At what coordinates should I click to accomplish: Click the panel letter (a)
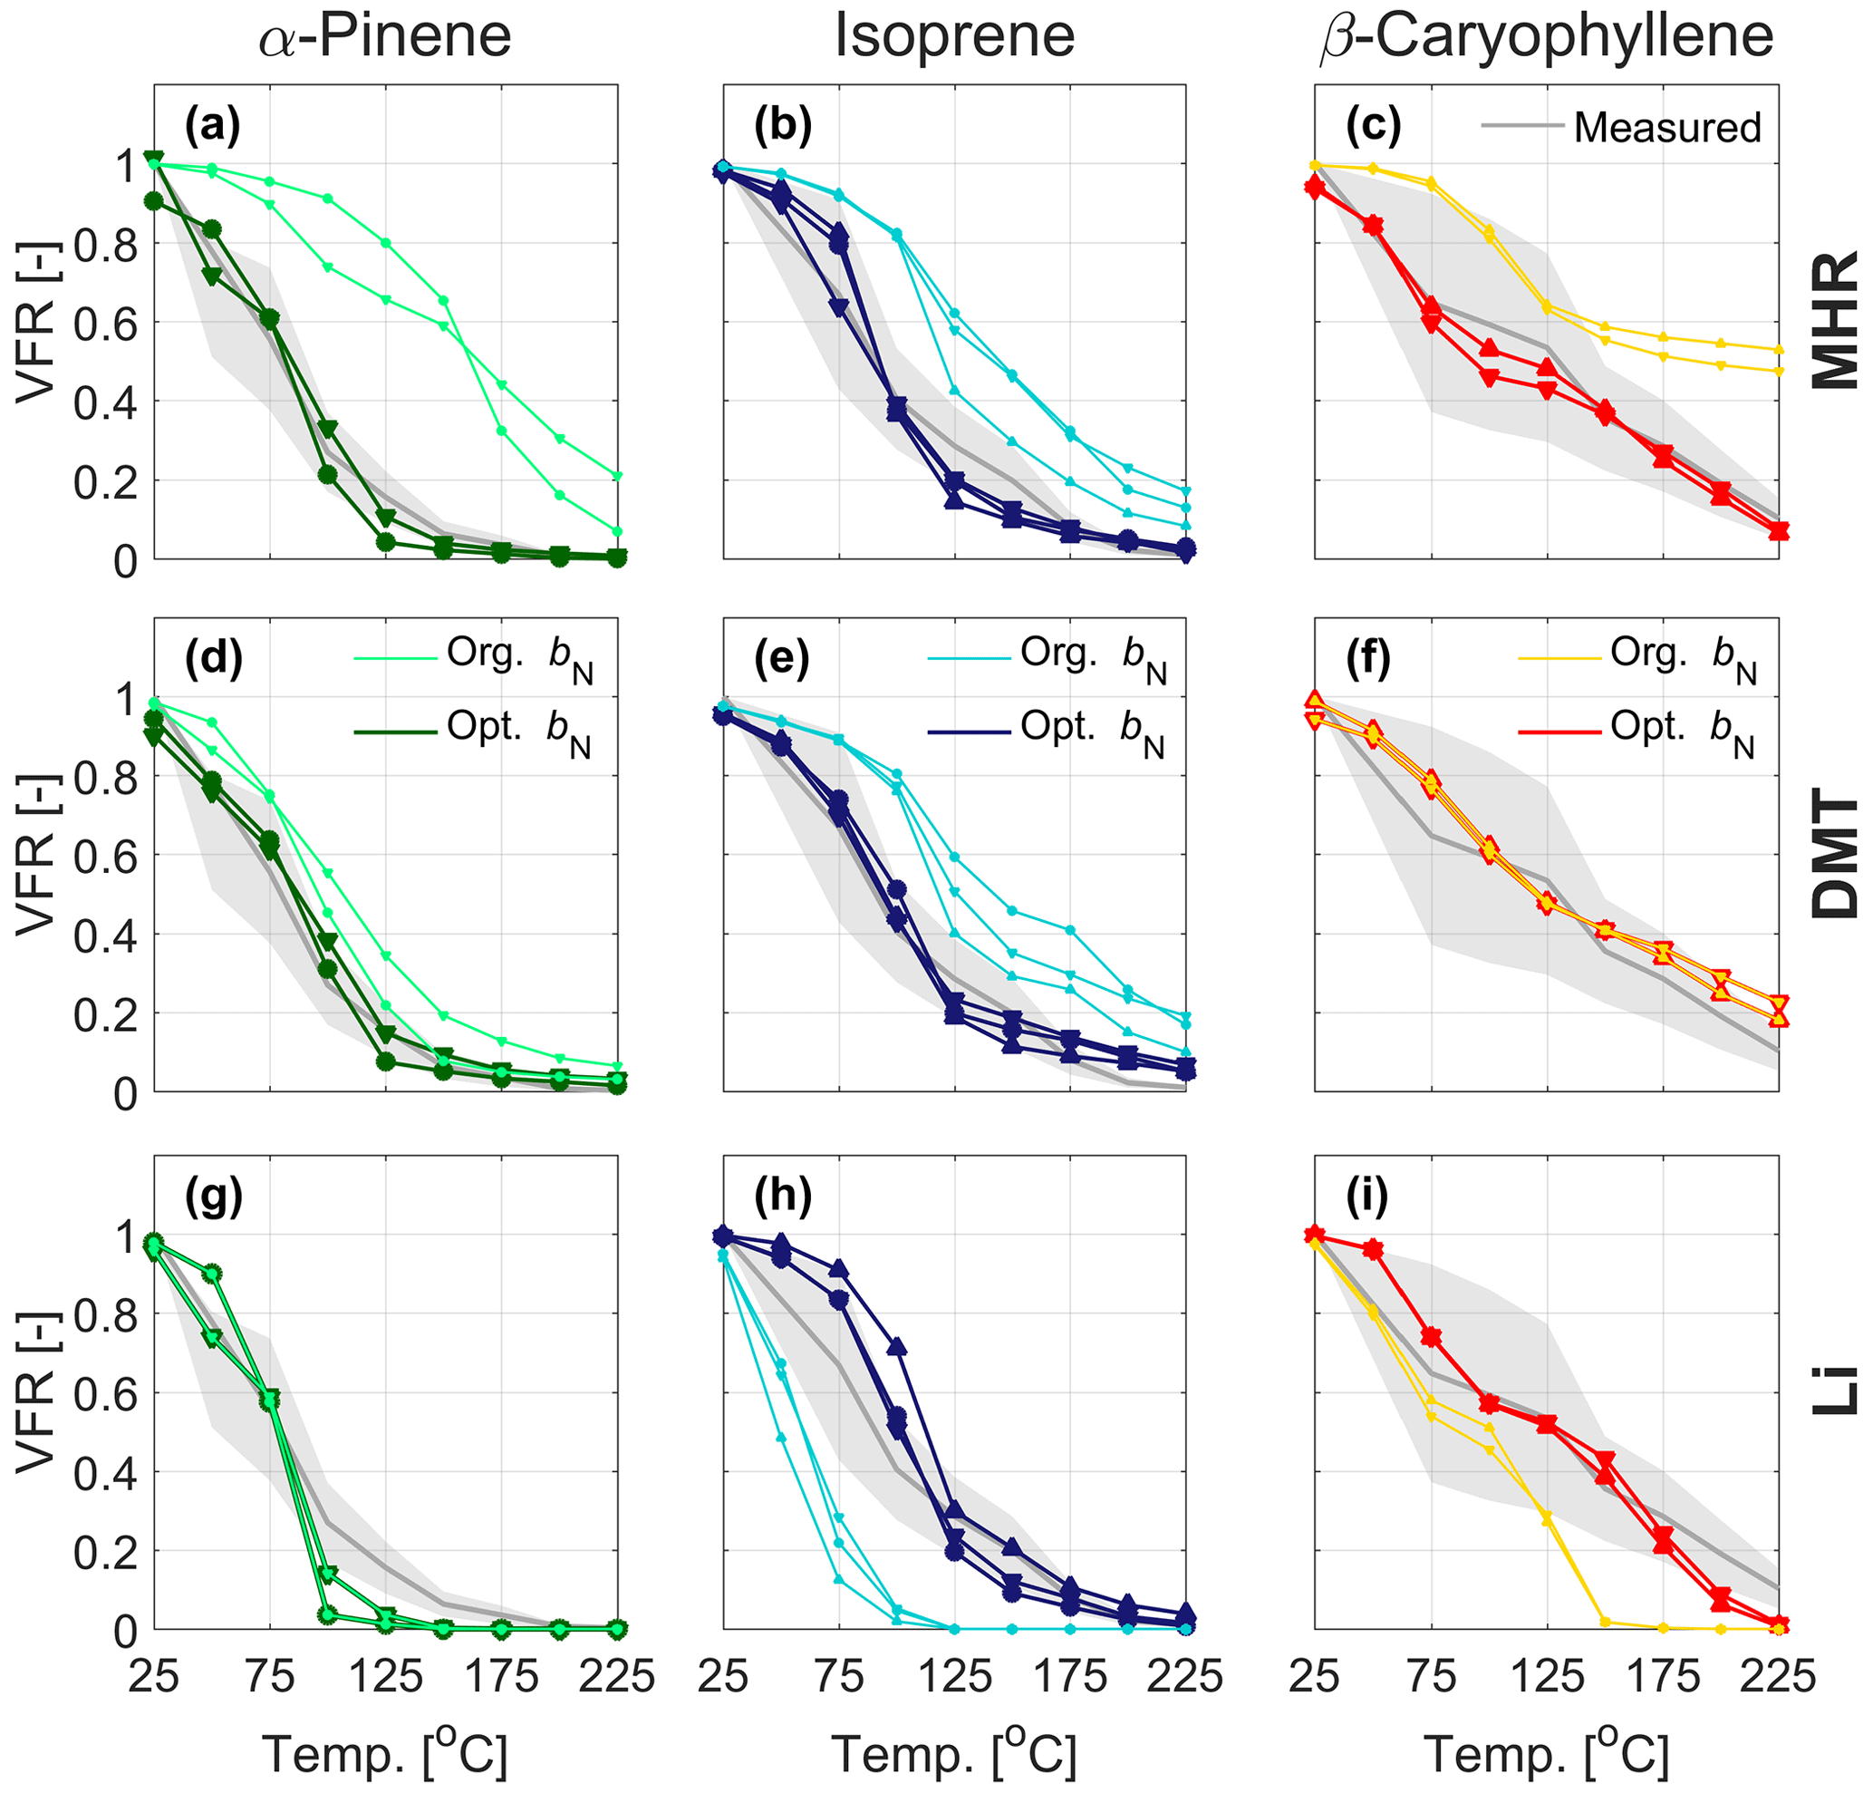tap(212, 125)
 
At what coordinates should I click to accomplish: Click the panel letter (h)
tap(782, 1196)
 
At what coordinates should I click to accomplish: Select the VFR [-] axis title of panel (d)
tap(36, 854)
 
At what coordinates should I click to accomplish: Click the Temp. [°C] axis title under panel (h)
tap(955, 1754)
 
